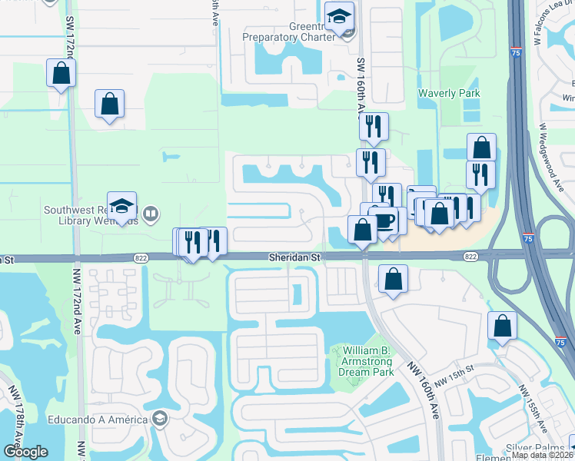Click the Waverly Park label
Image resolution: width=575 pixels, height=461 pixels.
click(449, 93)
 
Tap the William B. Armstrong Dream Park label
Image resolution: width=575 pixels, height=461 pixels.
click(366, 361)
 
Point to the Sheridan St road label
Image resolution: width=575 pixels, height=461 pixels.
click(294, 257)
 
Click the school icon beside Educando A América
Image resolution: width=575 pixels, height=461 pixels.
click(160, 419)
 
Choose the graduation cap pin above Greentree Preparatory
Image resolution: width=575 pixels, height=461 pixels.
click(338, 17)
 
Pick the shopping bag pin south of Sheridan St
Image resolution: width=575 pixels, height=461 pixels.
click(393, 280)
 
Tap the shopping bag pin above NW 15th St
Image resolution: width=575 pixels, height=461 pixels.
click(501, 327)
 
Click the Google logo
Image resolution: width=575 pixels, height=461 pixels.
click(25, 452)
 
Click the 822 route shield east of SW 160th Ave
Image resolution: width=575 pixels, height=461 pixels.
click(471, 257)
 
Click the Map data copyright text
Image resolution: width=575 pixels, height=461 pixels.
click(541, 455)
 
